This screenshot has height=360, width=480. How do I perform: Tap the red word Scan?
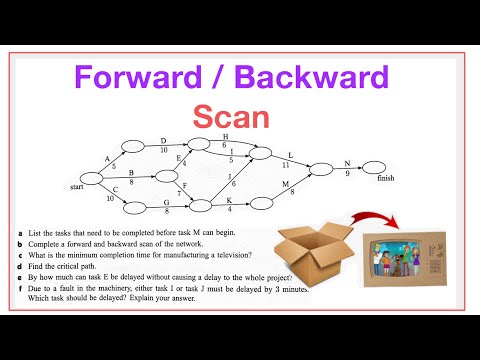[x=232, y=117]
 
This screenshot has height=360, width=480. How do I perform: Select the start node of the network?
[x=93, y=181]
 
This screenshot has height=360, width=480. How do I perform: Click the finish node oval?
[x=373, y=167]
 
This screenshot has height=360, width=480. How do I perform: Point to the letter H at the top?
[x=225, y=136]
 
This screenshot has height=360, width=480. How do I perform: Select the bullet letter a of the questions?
[x=20, y=232]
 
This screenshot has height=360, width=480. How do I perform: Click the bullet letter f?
[x=20, y=287]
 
